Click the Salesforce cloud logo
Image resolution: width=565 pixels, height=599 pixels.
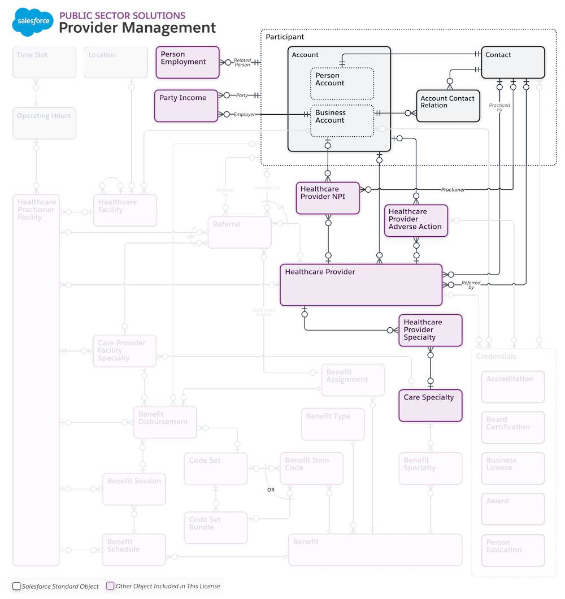33,21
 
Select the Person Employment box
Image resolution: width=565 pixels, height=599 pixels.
187,62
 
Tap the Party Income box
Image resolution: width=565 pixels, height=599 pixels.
186,106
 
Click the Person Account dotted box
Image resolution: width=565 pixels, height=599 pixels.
342,84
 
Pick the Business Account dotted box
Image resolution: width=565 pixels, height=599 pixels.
342,120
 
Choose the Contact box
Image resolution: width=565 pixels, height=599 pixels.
513,62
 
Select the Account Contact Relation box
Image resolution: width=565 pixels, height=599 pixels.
448,106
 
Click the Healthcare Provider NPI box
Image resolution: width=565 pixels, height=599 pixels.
328,198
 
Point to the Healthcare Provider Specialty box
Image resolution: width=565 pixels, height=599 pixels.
430,330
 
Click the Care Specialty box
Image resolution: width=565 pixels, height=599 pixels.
430,405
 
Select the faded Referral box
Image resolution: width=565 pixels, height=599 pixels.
239,232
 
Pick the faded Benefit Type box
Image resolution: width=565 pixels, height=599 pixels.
332,424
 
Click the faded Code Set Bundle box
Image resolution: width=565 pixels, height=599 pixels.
215,527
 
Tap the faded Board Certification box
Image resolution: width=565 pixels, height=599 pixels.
513,427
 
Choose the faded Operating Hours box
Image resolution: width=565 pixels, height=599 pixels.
44,123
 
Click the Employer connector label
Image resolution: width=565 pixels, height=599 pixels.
244,115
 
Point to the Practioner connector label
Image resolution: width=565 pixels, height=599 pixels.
453,190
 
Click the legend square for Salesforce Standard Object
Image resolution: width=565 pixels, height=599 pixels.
16,586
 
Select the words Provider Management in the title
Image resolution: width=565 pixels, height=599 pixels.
137,28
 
